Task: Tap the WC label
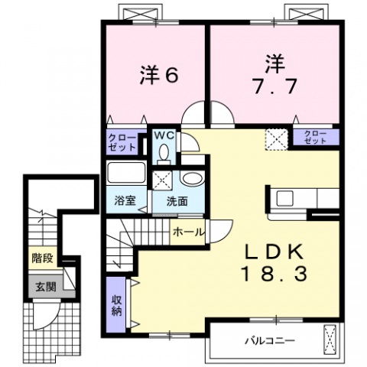164,135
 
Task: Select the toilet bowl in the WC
164,152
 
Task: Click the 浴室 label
125,201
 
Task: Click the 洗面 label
167,201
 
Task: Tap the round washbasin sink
191,181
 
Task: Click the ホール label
187,229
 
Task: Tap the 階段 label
42,259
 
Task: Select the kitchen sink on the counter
286,198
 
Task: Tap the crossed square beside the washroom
162,181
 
